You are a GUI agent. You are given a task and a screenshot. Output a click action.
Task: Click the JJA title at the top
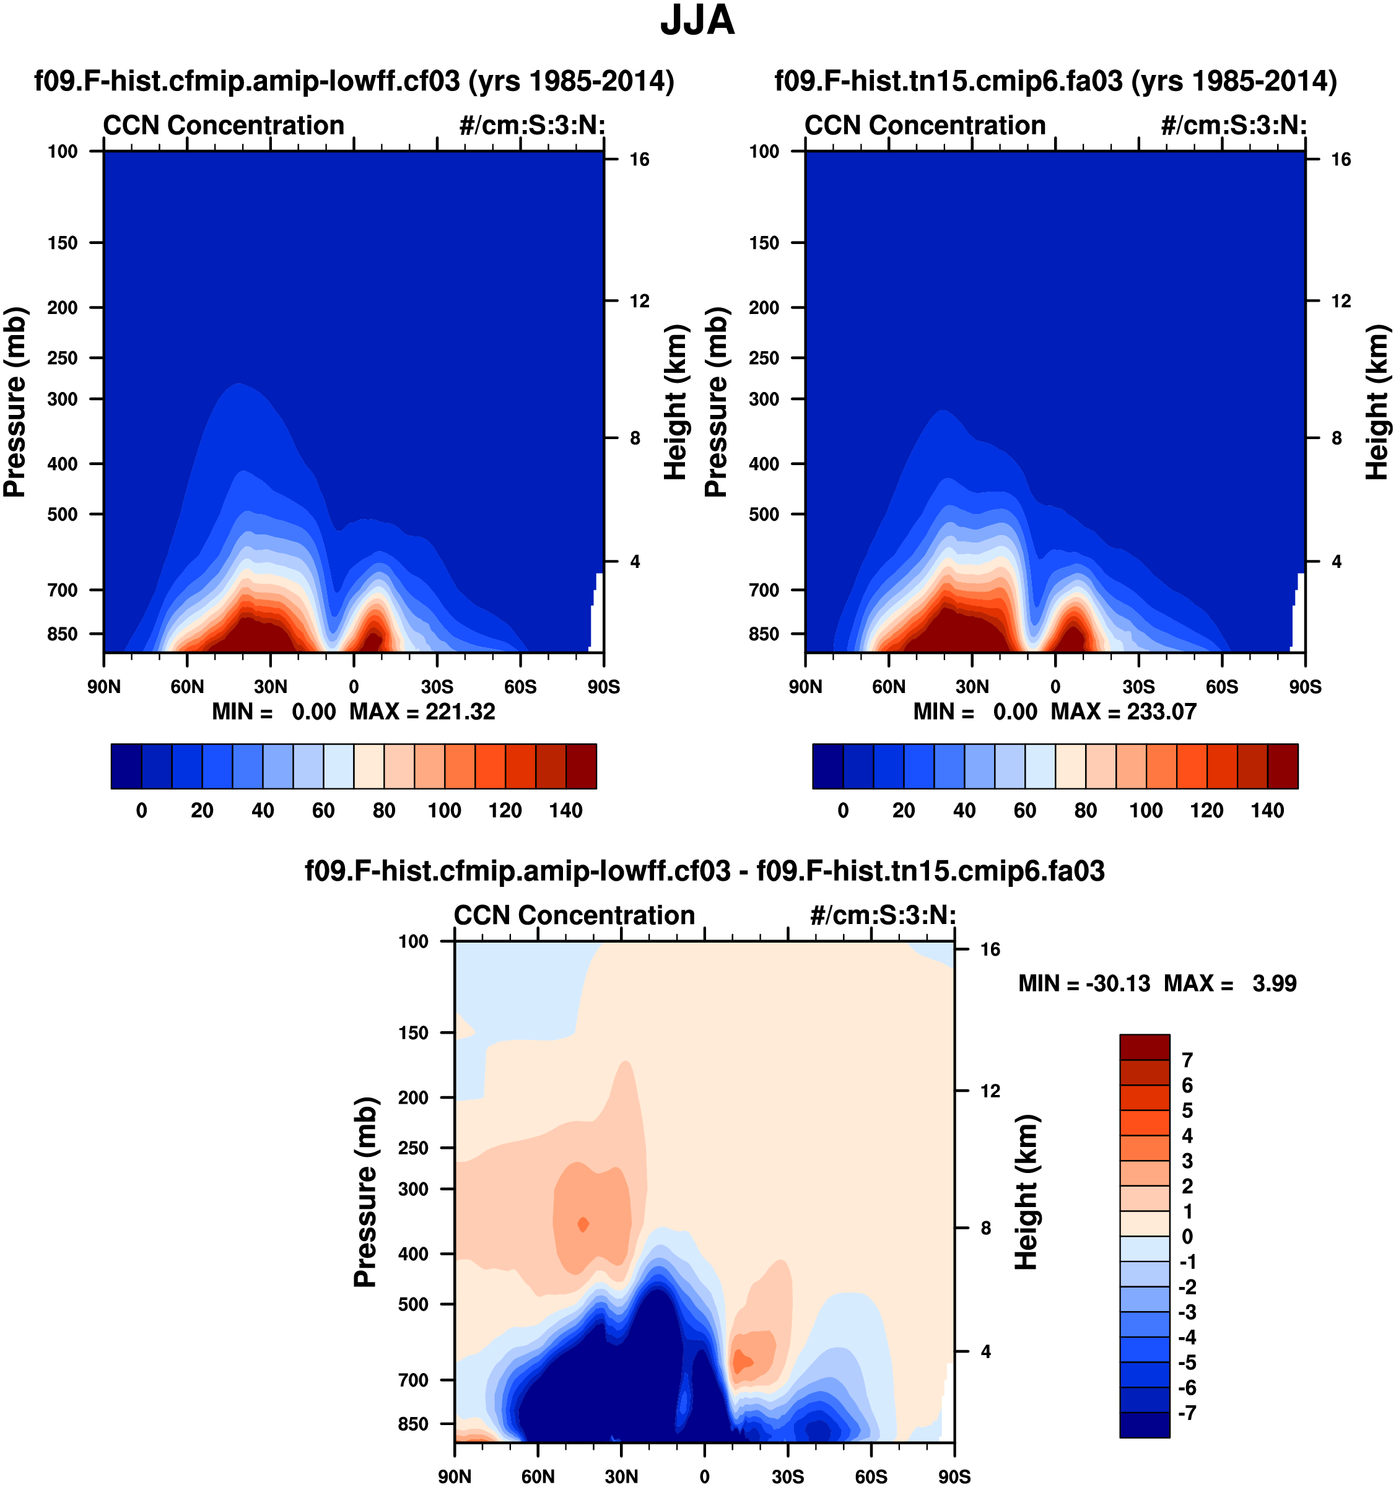tap(697, 20)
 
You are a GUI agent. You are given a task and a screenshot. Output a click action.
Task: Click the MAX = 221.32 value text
tap(422, 712)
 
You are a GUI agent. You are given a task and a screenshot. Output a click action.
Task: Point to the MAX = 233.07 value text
tap(1123, 712)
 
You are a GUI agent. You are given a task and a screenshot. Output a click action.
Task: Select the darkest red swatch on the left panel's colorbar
tap(582, 766)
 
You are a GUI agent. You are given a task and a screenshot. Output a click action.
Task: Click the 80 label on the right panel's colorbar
tap(1086, 810)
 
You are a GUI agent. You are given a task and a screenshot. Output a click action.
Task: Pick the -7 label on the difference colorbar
tap(1187, 1413)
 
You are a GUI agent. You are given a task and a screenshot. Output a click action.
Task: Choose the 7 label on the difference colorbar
tap(1187, 1060)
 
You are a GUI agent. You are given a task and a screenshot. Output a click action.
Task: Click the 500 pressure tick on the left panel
tap(63, 515)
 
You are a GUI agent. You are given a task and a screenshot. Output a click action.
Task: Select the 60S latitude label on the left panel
tap(520, 687)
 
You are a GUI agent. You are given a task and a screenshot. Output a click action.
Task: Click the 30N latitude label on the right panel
tap(972, 687)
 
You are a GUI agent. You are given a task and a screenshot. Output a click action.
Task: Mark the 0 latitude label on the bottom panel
tap(704, 1476)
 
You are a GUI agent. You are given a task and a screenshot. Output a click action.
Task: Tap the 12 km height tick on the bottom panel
tap(990, 1091)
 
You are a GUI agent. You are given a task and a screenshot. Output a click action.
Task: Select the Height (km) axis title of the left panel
tap(675, 403)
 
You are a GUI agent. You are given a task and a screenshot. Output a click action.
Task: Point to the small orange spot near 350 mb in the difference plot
tap(583, 1224)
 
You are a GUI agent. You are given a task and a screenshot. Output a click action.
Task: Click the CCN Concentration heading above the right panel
tap(925, 126)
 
